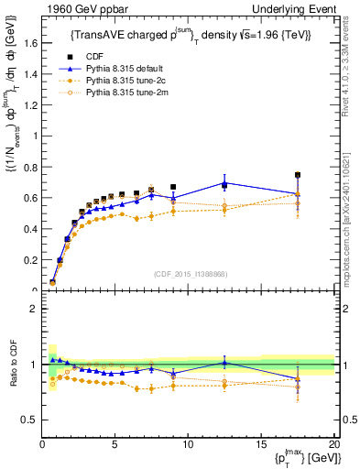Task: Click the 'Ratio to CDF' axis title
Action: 12,365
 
